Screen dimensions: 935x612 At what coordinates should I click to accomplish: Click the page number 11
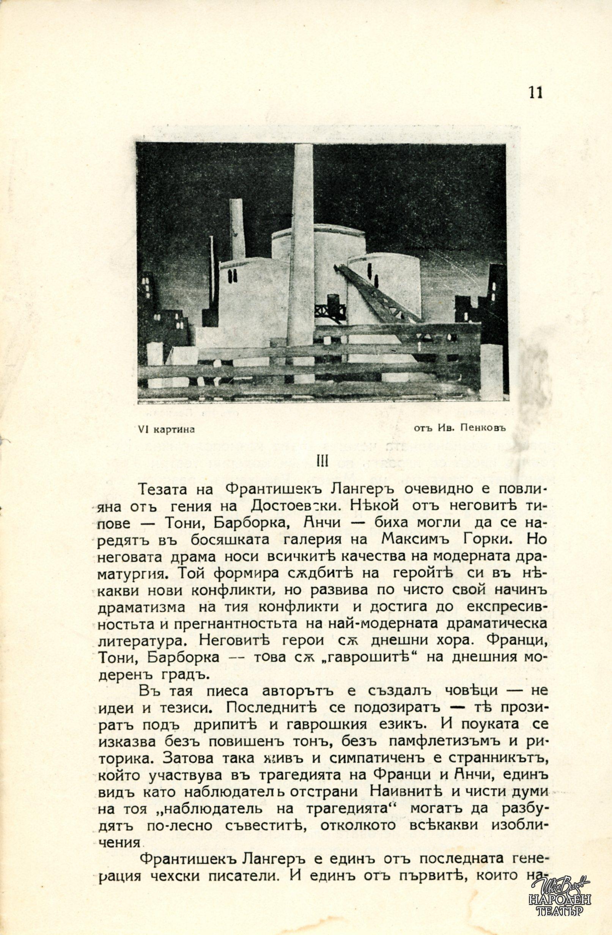[535, 93]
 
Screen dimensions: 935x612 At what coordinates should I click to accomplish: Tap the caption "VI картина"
[167, 430]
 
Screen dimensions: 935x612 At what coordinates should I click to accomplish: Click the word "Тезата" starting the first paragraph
[170, 490]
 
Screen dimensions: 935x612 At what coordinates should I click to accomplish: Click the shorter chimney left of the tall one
[237, 228]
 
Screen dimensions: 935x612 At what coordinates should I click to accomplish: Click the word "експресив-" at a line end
[507, 607]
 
